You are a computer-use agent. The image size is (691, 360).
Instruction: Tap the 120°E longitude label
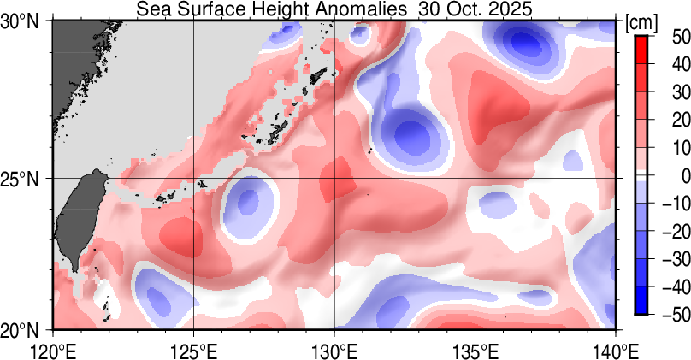pyautogui.click(x=53, y=350)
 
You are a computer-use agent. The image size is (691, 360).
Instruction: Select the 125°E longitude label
pyautogui.click(x=193, y=350)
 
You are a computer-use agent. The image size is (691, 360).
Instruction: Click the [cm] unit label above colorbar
pyautogui.click(x=641, y=23)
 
